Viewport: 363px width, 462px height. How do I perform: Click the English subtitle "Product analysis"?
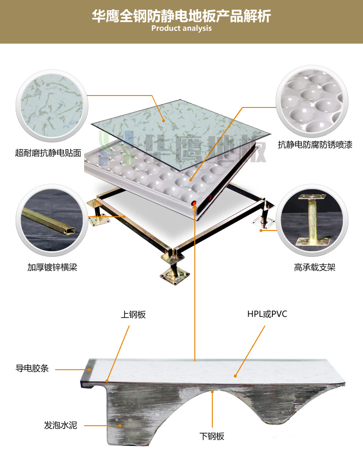[181, 28]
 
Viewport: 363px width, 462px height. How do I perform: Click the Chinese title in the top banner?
[181, 16]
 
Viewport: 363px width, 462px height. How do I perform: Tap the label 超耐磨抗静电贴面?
[48, 153]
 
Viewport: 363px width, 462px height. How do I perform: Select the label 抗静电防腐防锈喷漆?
[315, 145]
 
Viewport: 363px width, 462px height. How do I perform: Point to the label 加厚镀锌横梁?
[52, 267]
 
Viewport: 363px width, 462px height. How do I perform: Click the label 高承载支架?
[315, 267]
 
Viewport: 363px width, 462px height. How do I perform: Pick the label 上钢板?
[133, 315]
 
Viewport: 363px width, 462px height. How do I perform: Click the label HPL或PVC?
[267, 314]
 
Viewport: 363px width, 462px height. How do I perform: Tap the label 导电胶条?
[32, 368]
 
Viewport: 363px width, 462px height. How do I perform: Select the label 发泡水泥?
[61, 425]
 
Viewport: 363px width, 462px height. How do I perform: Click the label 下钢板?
[212, 436]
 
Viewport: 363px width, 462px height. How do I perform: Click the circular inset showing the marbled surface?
[52, 106]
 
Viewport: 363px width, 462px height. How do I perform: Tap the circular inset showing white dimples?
[312, 101]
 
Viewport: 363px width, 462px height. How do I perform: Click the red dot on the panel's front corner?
[194, 203]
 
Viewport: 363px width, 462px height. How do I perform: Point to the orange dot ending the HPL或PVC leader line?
[235, 376]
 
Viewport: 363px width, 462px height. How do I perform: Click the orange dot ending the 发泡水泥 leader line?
[120, 425]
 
